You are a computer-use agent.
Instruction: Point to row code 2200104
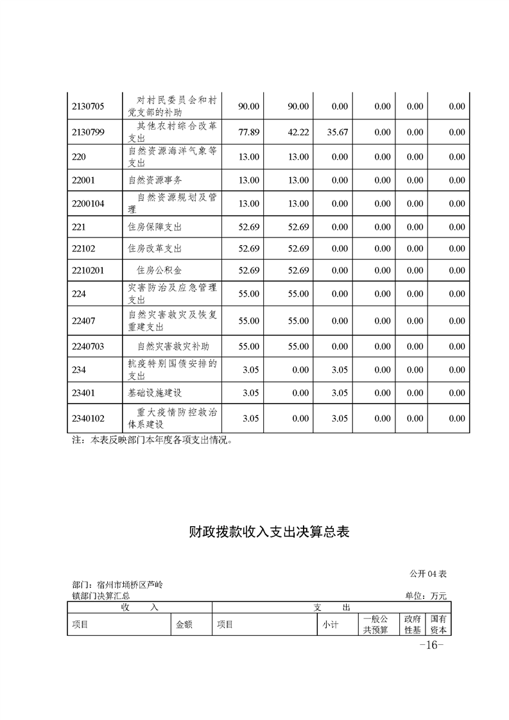[89, 203]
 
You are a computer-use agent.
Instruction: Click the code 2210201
[89, 270]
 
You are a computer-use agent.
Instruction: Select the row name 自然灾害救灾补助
[169, 347]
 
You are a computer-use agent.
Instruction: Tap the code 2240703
[89, 347]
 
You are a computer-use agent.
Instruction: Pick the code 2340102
[89, 418]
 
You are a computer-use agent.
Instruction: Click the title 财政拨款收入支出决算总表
[270, 531]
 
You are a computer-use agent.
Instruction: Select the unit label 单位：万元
[426, 596]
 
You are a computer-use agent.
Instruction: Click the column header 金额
[184, 624]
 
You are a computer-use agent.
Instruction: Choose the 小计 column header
[330, 624]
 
